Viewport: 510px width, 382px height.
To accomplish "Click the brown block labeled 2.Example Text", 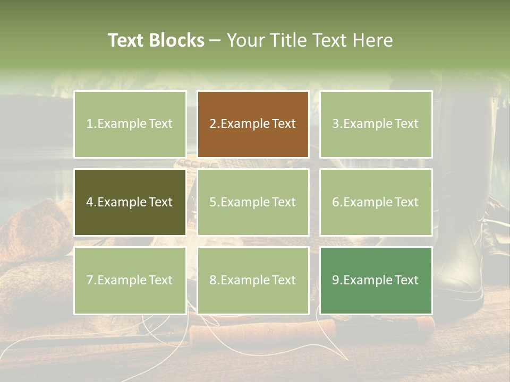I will pos(253,124).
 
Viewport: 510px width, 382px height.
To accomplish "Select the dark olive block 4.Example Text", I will pos(130,202).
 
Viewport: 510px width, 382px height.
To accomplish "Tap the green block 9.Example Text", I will pos(376,280).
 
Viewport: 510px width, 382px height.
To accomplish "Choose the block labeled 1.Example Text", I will pos(130,124).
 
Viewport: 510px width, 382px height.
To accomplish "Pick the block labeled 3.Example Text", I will pos(376,124).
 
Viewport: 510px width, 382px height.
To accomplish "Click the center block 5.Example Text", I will pos(253,202).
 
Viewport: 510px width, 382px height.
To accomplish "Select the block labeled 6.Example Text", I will pos(376,202).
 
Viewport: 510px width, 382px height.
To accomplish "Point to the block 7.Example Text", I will pos(130,280).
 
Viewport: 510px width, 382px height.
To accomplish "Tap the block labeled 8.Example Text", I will pos(253,280).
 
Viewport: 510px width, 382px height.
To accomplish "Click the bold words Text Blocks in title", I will pos(156,40).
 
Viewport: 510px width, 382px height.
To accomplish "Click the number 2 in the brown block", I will pos(213,124).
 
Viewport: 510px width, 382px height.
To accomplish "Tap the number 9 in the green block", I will pos(336,280).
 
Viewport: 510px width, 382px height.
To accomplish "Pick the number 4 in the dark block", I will pos(90,202).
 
